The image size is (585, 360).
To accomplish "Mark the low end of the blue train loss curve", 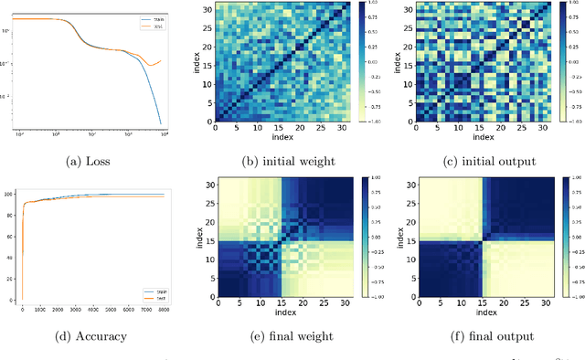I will pos(161,123).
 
